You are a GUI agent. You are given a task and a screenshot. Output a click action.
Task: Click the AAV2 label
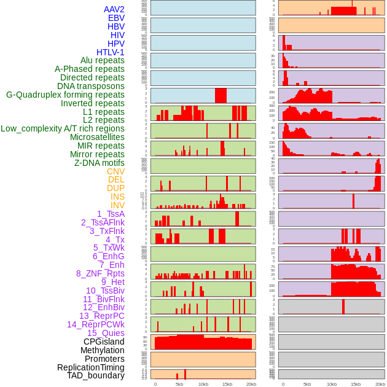tap(114, 9)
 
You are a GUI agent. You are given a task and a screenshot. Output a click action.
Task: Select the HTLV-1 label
tap(110, 52)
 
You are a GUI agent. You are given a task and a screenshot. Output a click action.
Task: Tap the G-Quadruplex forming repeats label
tap(65, 95)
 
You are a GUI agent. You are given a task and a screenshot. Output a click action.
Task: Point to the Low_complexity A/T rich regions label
tap(62, 128)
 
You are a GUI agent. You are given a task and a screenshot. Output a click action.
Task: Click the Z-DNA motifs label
tap(99, 163)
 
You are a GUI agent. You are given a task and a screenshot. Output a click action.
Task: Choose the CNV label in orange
tap(115, 171)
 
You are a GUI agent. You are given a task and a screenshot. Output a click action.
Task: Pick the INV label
tap(117, 205)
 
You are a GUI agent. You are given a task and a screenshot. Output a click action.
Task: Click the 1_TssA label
tap(111, 214)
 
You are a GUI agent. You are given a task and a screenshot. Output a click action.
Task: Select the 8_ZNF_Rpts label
tap(100, 273)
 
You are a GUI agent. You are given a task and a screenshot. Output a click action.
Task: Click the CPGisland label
tap(104, 342)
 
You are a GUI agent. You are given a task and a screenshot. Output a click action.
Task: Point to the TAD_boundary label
tap(95, 375)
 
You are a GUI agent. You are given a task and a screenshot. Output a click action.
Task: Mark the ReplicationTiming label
tap(90, 367)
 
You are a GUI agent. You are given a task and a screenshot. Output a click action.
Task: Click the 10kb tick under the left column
tap(203, 384)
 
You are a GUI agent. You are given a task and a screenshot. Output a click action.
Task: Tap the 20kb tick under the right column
tap(380, 384)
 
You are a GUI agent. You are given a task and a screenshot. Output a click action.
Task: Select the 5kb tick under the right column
tap(307, 384)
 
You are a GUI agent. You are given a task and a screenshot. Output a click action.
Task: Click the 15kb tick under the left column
tap(227, 384)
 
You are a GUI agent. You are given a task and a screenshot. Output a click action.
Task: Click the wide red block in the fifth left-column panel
tap(221, 96)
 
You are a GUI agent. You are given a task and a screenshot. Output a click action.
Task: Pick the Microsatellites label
tap(97, 137)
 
